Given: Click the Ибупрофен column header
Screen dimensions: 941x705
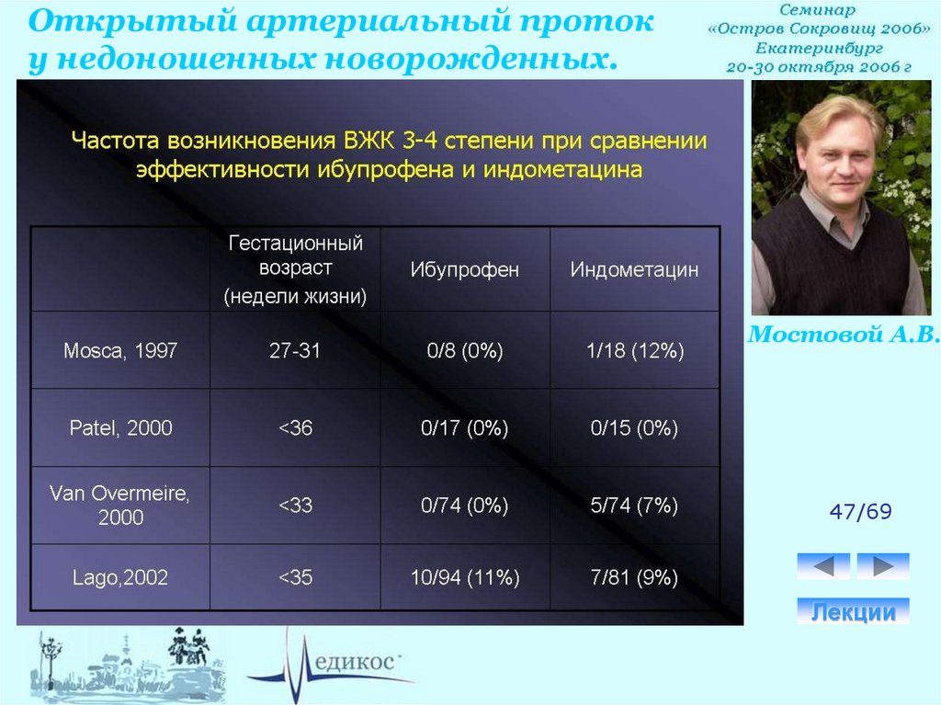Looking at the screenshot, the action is click(464, 269).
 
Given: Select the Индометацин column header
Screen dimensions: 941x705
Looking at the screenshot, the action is click(634, 269).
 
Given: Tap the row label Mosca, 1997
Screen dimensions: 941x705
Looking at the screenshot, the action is click(120, 350).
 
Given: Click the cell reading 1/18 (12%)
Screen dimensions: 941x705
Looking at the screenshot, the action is click(635, 350).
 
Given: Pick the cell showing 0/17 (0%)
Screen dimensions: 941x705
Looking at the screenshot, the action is click(464, 427).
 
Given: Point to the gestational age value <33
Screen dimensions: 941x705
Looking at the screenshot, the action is click(295, 505).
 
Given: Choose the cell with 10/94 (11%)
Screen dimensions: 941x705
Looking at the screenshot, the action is click(464, 577).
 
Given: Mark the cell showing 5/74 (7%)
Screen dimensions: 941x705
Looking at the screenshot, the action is click(634, 505).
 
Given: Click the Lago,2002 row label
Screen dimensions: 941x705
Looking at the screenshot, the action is click(120, 577).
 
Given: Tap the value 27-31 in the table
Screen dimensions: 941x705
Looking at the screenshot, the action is click(295, 350).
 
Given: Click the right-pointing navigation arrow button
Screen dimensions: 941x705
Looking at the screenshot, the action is click(883, 565).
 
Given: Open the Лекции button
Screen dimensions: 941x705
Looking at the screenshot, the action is click(853, 611).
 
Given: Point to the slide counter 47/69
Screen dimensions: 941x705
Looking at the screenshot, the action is click(860, 512).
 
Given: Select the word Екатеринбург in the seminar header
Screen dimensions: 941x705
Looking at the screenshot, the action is click(819, 48).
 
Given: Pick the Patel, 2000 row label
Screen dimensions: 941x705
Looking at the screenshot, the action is click(120, 427).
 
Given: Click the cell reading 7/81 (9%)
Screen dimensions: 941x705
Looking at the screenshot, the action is click(634, 577).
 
